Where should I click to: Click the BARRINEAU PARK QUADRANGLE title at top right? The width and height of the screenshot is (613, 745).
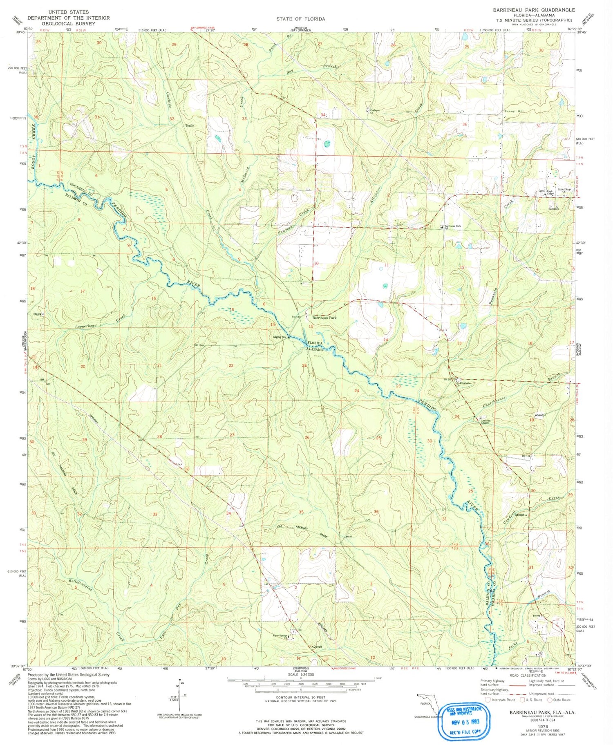pos(533,10)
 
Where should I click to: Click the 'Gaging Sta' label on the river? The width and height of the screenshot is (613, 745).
pos(281,337)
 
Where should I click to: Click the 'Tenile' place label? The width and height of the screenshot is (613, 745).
pos(189,125)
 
